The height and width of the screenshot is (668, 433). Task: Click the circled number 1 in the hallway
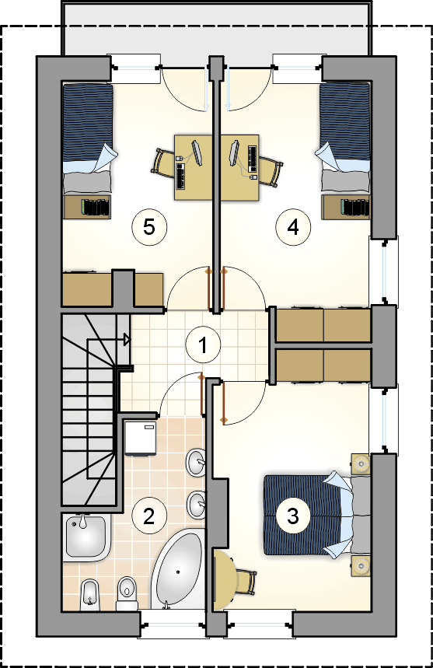203,344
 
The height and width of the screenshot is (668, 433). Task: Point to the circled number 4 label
293,227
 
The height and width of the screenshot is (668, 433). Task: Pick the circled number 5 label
149,227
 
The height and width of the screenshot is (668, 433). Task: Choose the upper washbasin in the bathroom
196,462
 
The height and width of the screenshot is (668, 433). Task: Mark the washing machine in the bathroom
141,439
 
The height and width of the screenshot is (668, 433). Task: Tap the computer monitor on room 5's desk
197,152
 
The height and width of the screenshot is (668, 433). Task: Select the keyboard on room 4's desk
253,159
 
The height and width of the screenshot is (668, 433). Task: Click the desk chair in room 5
163,163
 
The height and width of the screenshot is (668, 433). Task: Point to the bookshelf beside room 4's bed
346,208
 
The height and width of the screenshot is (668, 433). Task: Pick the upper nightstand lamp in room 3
361,463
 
